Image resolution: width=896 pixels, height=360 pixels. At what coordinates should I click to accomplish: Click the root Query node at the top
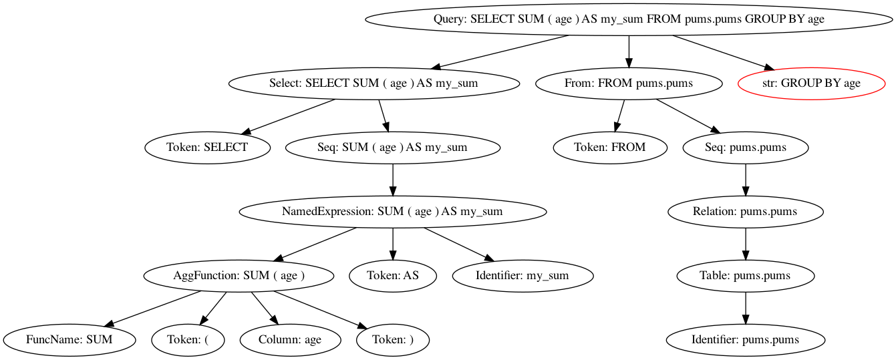(x=629, y=19)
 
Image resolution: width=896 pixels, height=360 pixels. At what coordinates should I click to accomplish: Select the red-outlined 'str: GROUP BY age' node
(x=811, y=83)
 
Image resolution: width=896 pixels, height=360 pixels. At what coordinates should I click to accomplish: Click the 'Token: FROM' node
(x=610, y=148)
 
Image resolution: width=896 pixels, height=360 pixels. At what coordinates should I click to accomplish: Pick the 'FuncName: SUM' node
(x=69, y=340)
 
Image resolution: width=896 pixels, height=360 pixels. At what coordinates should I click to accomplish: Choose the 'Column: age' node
(x=290, y=340)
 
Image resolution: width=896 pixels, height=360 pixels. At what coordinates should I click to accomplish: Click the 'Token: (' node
(x=187, y=340)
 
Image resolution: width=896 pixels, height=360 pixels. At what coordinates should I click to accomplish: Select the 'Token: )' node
(x=393, y=340)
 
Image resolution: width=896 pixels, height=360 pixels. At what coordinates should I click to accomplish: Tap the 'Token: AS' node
(x=393, y=276)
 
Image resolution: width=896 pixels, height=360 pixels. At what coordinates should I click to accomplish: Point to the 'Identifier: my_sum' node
(x=523, y=276)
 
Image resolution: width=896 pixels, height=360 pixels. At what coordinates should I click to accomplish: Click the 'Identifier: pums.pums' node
(x=746, y=340)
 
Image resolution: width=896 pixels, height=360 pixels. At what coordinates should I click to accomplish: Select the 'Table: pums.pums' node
(x=746, y=276)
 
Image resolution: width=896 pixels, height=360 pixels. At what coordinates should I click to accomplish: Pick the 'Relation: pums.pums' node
(x=746, y=212)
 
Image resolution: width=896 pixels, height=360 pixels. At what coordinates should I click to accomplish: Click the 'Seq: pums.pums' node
(x=746, y=148)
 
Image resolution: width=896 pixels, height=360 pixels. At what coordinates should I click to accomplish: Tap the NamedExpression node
(x=393, y=212)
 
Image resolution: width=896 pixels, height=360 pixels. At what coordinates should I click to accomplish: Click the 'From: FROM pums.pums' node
(x=629, y=83)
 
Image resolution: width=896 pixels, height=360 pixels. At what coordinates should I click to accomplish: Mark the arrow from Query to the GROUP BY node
(x=722, y=52)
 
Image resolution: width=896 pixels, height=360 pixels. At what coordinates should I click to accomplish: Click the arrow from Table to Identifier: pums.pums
(x=746, y=308)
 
